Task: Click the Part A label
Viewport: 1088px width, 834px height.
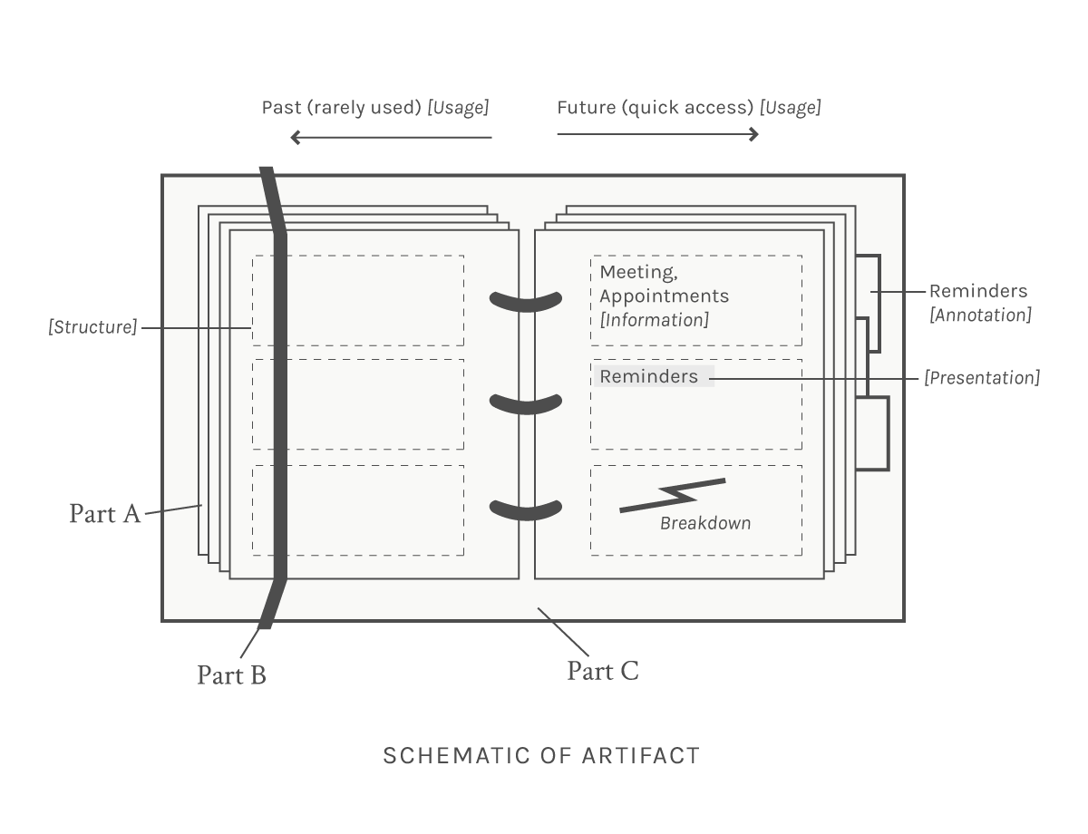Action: point(104,514)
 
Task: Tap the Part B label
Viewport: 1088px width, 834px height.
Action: point(231,674)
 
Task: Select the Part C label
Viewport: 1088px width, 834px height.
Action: point(603,671)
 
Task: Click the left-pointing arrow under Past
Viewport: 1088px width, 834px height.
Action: point(391,137)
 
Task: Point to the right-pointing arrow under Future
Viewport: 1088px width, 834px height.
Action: point(658,134)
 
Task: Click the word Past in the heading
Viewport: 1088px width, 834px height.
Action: point(281,108)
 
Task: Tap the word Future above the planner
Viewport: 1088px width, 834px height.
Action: point(587,108)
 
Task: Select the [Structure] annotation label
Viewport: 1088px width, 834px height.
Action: point(92,327)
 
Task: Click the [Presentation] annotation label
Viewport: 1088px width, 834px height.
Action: point(982,377)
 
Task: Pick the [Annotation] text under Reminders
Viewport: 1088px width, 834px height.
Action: point(980,315)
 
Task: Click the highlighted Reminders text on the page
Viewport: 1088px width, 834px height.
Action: point(649,376)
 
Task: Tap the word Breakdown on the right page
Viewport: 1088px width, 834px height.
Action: point(705,523)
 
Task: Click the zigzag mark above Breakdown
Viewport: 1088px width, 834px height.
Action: point(673,496)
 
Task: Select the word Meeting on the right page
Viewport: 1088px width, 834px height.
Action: point(639,272)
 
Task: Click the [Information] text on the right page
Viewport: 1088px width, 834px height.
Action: point(655,320)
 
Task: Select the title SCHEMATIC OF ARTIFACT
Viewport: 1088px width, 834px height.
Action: point(541,756)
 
